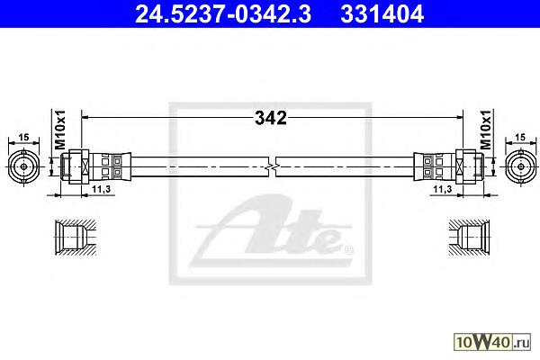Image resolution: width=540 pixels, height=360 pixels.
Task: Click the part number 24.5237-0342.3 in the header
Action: click(x=223, y=14)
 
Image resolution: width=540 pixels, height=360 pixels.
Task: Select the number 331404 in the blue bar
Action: click(x=382, y=14)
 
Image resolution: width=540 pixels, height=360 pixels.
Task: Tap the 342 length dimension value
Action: click(x=271, y=118)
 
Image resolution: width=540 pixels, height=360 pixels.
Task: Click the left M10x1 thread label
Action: click(x=60, y=130)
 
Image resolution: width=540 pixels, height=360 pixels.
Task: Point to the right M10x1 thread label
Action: click(x=485, y=130)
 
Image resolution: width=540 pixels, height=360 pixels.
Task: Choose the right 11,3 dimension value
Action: click(x=443, y=189)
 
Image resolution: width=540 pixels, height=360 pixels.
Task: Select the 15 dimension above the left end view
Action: click(x=23, y=138)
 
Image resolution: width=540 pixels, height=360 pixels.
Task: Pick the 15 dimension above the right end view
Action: click(x=520, y=138)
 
